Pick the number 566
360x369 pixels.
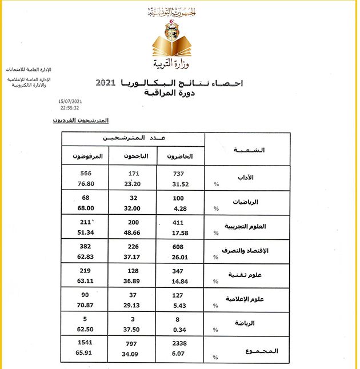(x=86, y=173)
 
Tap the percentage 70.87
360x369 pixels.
(x=85, y=306)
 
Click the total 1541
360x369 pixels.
(x=85, y=344)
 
